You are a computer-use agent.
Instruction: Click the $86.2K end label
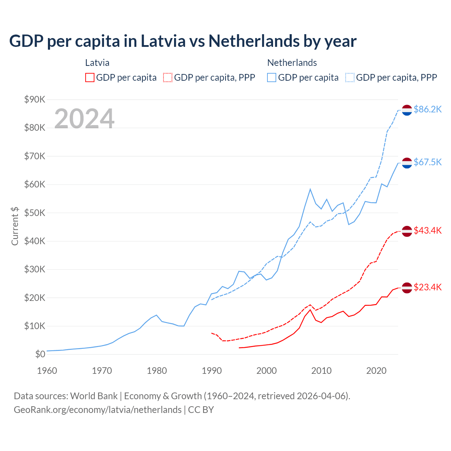[427, 110]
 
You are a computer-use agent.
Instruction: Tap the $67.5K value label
[427, 162]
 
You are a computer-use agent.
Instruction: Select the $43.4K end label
[427, 230]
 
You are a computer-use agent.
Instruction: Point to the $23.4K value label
[427, 288]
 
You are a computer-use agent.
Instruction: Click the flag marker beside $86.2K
[407, 110]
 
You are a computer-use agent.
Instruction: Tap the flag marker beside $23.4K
[407, 288]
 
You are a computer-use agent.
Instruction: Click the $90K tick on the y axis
[35, 100]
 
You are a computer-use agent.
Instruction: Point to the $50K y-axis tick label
[35, 213]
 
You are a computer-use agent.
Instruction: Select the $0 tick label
[40, 354]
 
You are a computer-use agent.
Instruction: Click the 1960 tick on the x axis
[47, 371]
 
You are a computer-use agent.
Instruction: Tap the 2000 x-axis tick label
[267, 371]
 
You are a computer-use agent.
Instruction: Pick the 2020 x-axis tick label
[376, 371]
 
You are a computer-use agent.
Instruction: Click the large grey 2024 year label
[85, 119]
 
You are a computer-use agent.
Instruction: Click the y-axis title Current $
[15, 226]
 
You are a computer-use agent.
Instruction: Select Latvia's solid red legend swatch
[90, 78]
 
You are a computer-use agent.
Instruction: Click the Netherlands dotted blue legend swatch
[350, 78]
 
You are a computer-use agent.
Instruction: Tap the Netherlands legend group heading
[292, 63]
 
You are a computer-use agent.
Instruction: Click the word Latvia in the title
[163, 41]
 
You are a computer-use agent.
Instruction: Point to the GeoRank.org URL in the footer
[98, 410]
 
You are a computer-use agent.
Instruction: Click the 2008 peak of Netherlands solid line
[310, 189]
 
